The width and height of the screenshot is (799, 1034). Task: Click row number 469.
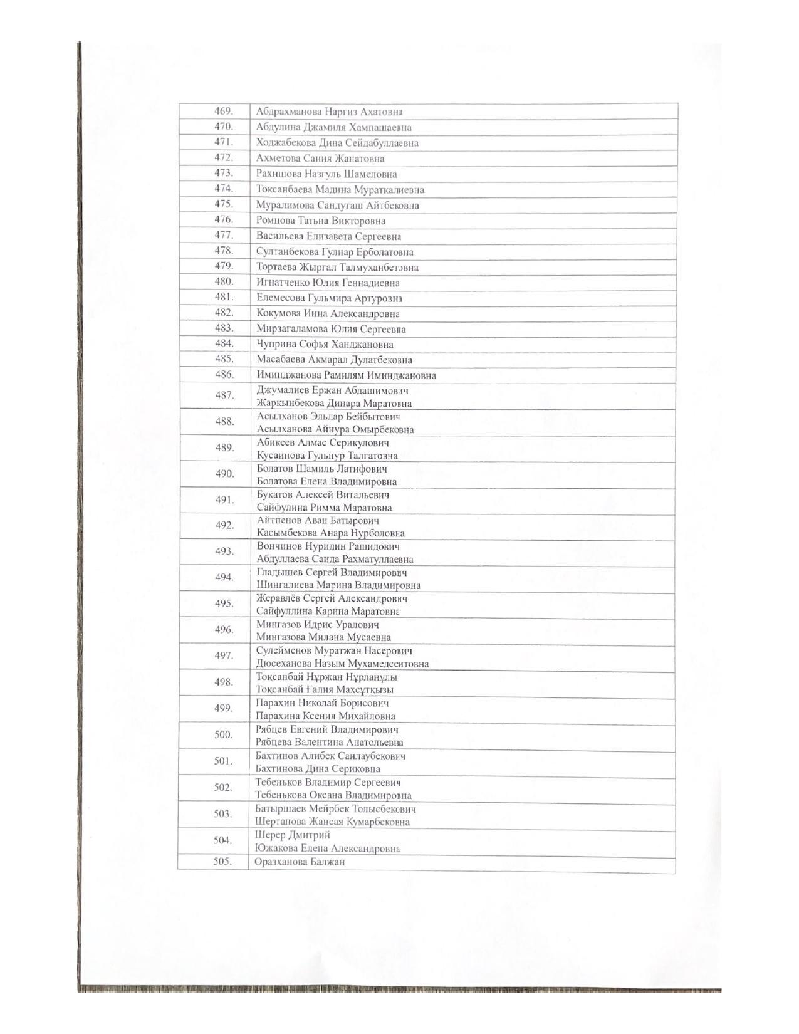(224, 112)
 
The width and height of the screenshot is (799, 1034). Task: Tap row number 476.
(224, 220)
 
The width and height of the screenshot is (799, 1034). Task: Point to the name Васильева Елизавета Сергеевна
(328, 236)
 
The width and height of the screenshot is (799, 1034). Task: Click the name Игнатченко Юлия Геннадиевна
(328, 283)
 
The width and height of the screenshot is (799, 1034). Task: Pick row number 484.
(224, 343)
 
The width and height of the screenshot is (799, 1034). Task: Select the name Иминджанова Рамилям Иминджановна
(346, 375)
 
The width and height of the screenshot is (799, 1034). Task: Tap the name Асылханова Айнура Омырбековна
(335, 429)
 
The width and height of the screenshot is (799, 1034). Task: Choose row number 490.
(224, 474)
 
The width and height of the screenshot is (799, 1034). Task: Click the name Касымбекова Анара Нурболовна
(330, 533)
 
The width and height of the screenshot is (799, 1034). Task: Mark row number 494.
(224, 577)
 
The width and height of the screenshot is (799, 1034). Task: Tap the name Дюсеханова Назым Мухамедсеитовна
(342, 663)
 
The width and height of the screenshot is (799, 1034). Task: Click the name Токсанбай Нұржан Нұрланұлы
(326, 677)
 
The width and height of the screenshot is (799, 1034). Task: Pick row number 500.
(223, 734)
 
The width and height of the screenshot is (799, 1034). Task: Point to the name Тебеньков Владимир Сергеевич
(328, 782)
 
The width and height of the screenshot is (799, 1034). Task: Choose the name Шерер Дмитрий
(293, 835)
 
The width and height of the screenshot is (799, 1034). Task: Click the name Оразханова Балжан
(300, 862)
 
